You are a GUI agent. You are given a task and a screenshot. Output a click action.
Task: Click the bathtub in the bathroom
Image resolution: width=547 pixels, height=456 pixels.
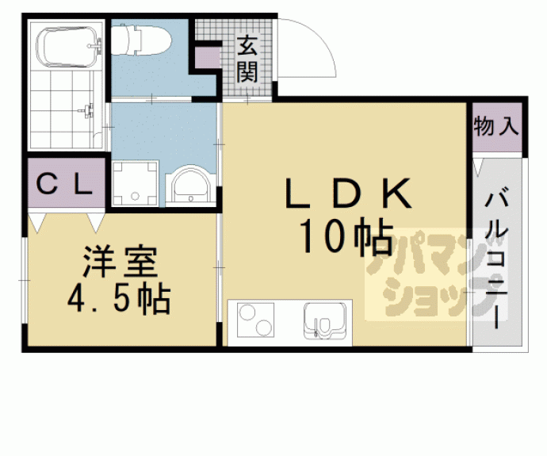[x=64, y=46]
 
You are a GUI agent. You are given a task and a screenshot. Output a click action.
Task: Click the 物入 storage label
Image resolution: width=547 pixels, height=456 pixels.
[x=496, y=126]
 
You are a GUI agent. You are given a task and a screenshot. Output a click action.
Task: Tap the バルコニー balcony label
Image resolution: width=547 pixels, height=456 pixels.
[x=497, y=254]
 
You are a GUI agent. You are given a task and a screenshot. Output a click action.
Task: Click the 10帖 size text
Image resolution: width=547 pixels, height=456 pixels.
[x=346, y=236]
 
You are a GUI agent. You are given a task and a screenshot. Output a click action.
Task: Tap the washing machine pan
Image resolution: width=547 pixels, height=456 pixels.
[x=134, y=183]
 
